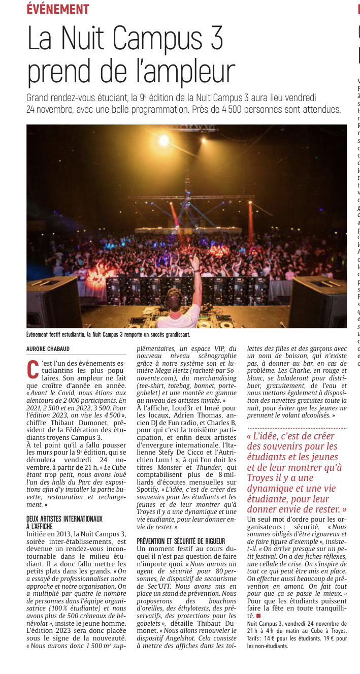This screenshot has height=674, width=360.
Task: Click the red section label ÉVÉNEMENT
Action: click(x=58, y=9)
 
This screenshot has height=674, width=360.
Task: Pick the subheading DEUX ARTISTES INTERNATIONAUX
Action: click(x=64, y=519)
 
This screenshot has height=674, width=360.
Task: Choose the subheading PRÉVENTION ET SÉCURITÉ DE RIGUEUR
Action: click(x=181, y=541)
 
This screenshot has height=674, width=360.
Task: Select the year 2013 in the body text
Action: click(x=60, y=534)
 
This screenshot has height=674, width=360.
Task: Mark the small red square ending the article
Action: click(x=258, y=616)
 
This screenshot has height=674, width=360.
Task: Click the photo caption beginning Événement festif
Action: click(x=108, y=334)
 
